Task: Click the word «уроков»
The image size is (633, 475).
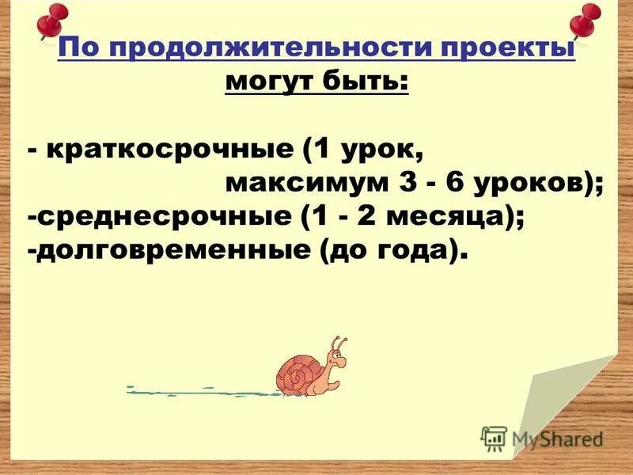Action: click(533, 184)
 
